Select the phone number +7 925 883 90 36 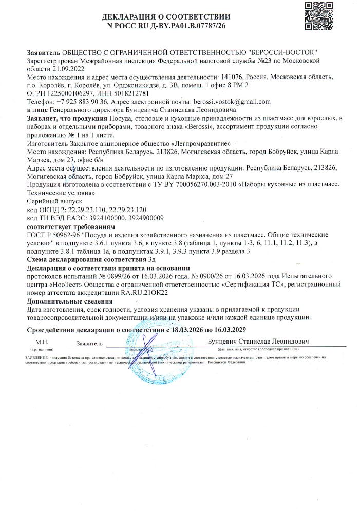pyautogui.click(x=81, y=102)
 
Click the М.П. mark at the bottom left pyautogui.click(x=42, y=342)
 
